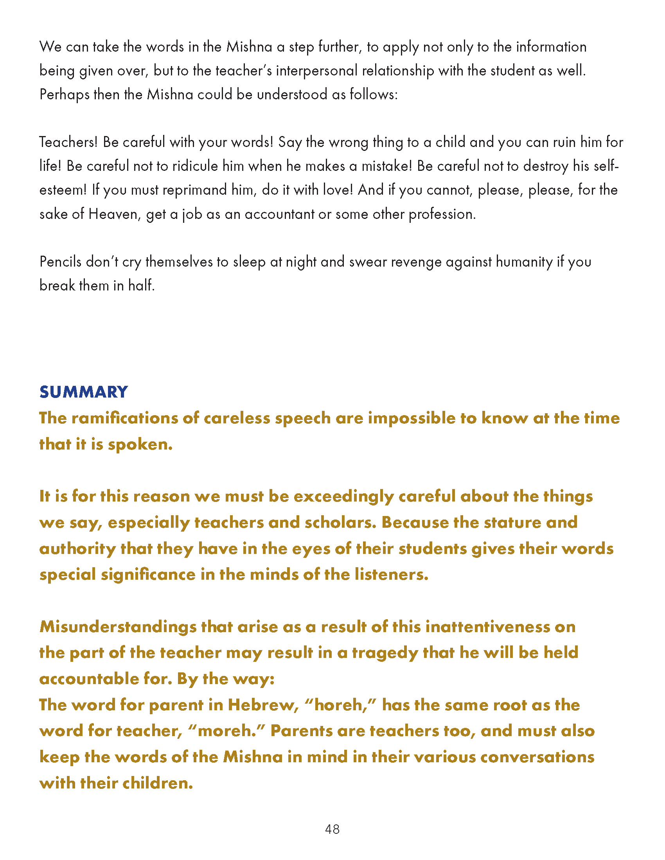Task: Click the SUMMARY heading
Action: tap(84, 392)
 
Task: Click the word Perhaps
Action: tap(64, 95)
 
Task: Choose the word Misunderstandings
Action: tap(118, 627)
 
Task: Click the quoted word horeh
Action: tap(340, 705)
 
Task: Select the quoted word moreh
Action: tap(226, 731)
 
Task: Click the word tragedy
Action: tap(385, 653)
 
